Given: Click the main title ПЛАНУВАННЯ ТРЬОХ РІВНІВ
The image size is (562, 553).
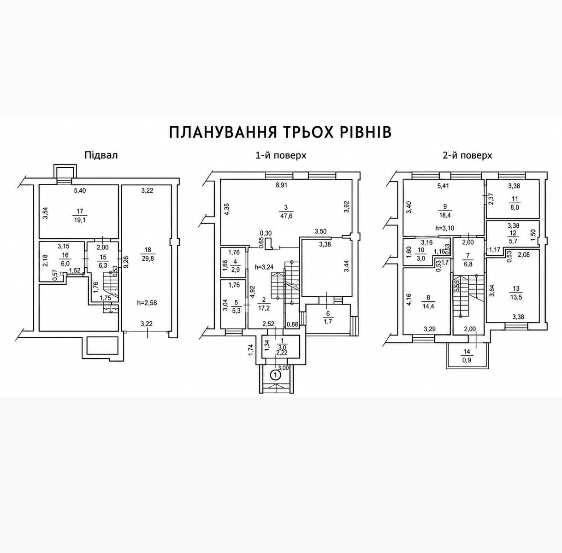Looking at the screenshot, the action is pos(280,133).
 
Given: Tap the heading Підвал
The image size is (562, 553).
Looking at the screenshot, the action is pos(101,155).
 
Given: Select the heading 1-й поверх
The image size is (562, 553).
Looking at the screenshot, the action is pos(281,156).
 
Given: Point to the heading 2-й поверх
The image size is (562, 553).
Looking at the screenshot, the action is pos(467,156).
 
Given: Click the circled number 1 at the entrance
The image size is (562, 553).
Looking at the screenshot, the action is pos(276,375).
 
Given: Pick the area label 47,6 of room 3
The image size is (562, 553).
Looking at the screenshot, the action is pos(286,216).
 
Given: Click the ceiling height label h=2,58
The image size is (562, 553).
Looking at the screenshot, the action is pos(147,303).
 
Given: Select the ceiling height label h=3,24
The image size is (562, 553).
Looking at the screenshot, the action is pos(264,267).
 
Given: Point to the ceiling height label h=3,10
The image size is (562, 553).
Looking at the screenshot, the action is pos(444,228).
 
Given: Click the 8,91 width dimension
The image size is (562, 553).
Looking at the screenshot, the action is pos(281,185).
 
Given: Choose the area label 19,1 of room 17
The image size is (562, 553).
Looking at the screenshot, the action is pos(80,220).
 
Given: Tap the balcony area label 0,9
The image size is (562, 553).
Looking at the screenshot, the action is pos(467,360).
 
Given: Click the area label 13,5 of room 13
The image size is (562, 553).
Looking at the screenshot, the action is pos(515,298).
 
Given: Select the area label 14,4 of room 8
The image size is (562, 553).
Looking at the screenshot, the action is pos(428,306).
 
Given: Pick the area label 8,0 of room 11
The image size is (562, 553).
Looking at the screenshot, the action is pos(515,207).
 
